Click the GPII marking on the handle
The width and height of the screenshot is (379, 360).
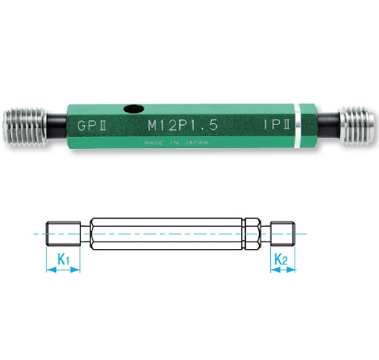(x=92, y=125)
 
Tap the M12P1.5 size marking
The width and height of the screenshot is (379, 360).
(x=183, y=125)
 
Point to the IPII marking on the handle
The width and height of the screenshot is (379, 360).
(x=277, y=124)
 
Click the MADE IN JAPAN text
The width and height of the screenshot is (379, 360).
(x=176, y=143)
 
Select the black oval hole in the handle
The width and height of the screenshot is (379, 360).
(x=133, y=109)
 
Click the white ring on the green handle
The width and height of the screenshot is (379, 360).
(x=298, y=126)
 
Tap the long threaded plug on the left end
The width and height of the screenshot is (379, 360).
(x=25, y=127)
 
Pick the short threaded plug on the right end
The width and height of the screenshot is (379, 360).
(x=358, y=126)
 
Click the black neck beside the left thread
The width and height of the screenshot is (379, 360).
(x=57, y=126)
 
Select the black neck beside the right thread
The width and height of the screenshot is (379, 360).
(x=329, y=126)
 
